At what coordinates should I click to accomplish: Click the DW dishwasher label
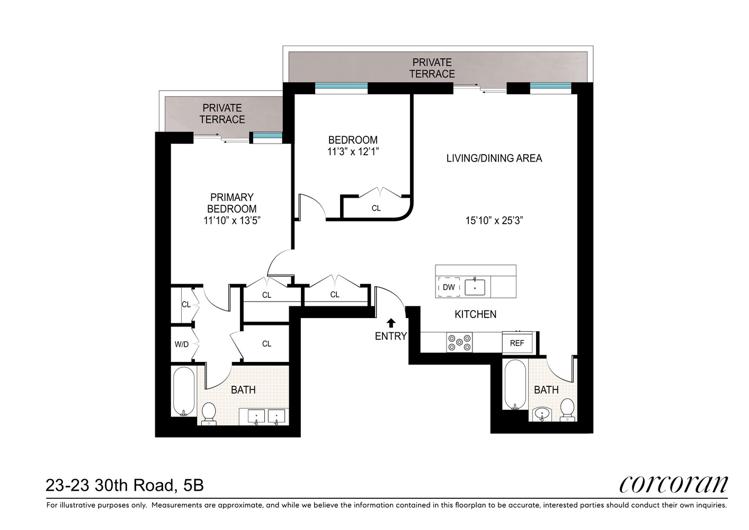[449, 287]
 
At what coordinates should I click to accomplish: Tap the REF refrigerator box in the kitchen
[517, 343]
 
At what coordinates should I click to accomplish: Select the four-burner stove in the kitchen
[459, 342]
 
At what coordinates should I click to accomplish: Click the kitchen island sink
[475, 287]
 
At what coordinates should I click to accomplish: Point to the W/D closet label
[182, 344]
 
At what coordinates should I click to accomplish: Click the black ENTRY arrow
[391, 323]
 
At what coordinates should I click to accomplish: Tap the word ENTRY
[390, 336]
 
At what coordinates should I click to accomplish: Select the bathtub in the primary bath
[183, 391]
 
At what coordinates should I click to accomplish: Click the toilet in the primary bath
[209, 412]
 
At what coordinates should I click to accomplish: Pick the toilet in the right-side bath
[567, 409]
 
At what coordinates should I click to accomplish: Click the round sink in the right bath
[541, 413]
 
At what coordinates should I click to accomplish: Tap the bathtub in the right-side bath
[515, 384]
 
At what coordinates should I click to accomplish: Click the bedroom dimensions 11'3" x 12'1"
[353, 152]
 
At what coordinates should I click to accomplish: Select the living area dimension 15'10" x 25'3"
[494, 220]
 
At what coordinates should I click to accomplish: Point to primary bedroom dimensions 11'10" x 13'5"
[232, 220]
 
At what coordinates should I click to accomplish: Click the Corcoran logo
[673, 483]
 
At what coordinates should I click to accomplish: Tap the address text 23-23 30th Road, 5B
[125, 485]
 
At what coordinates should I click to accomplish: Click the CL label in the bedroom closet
[376, 208]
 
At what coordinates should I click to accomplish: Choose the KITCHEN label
[475, 314]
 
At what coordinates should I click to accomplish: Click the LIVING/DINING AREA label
[494, 158]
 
